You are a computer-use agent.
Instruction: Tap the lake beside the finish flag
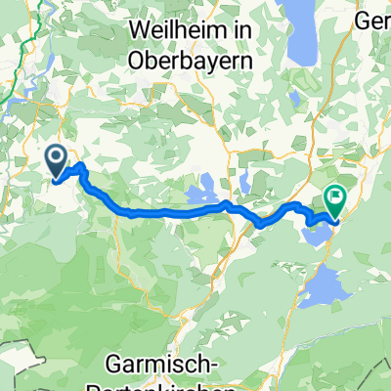click(318, 217)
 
